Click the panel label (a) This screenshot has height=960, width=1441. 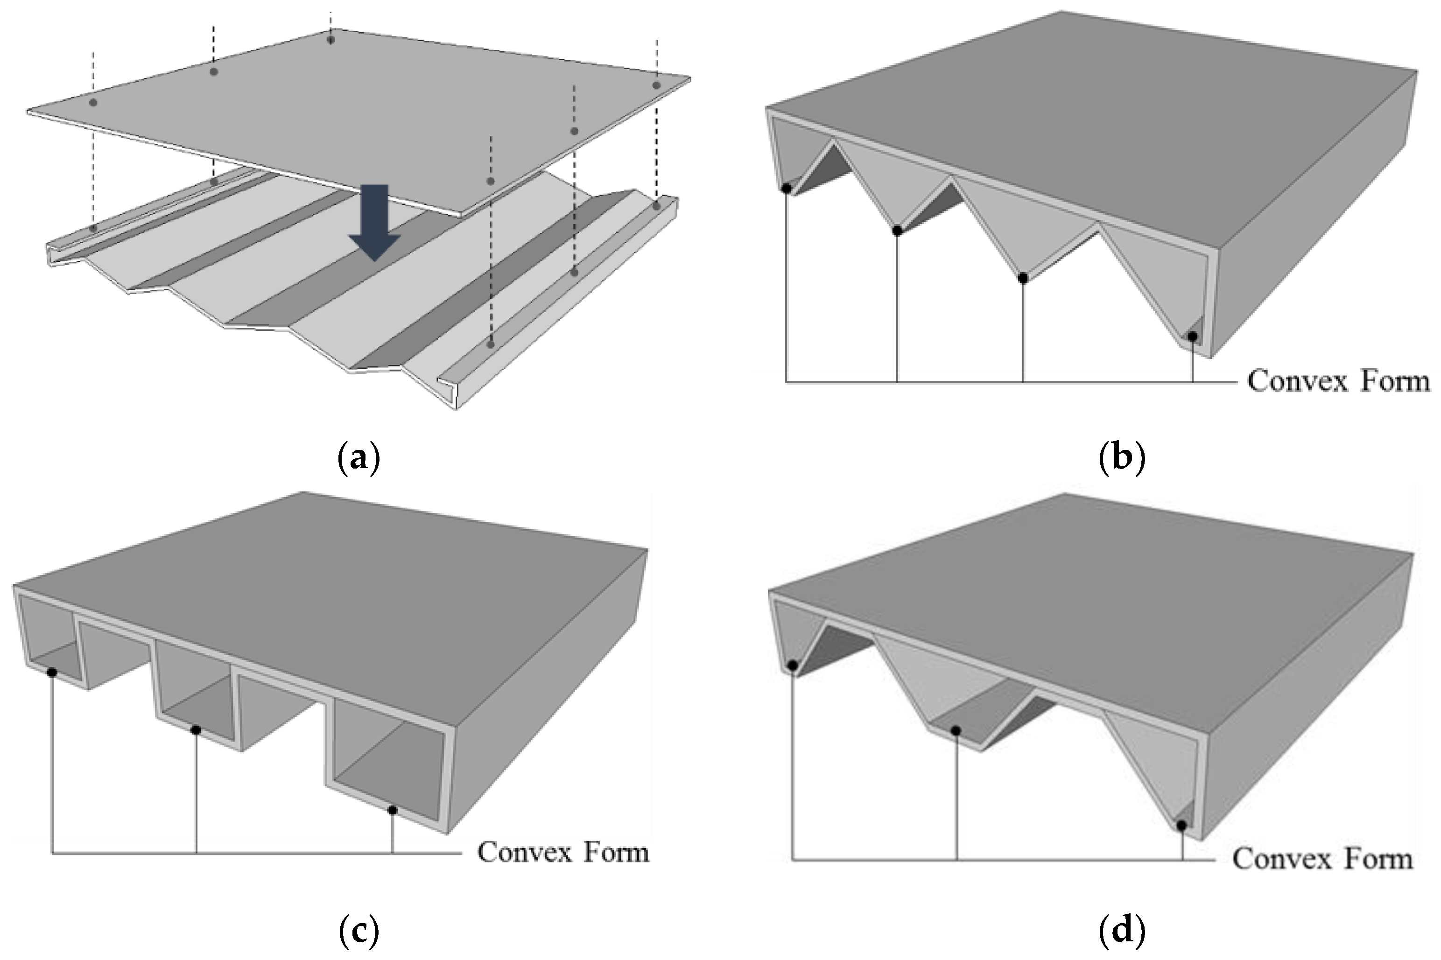click(x=359, y=458)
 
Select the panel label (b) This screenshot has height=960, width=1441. click(x=1121, y=458)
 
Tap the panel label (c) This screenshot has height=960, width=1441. click(x=359, y=931)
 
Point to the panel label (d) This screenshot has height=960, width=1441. click(x=1121, y=931)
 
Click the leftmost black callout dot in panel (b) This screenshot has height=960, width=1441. click(x=787, y=188)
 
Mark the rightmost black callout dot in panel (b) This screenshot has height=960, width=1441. click(x=1192, y=336)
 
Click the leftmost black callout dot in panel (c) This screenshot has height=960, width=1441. click(x=52, y=672)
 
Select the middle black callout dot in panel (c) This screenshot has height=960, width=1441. click(x=196, y=730)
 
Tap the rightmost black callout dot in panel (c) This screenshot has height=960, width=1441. click(x=393, y=810)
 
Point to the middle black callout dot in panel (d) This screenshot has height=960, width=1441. click(x=956, y=731)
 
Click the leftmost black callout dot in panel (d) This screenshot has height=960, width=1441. click(x=793, y=666)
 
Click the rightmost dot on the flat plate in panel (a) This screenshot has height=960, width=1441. click(x=656, y=85)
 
